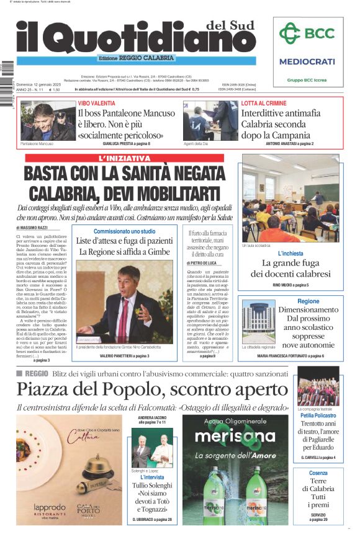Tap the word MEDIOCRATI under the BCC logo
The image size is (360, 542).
point(307,61)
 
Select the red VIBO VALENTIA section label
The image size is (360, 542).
point(96,103)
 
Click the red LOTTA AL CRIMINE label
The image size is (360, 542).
point(264,103)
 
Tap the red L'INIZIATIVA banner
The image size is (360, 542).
point(125,159)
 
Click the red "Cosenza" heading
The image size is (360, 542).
point(318,473)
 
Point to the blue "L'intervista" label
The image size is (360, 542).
point(152,478)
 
